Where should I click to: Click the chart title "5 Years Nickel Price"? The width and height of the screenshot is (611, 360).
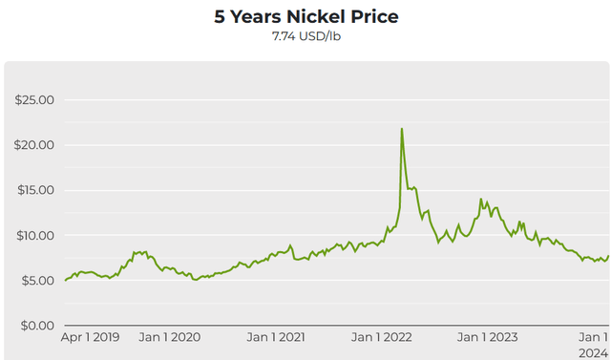[x=305, y=16]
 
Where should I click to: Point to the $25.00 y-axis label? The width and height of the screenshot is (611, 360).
[x=33, y=100]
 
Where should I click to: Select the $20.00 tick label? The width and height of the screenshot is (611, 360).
[x=33, y=145]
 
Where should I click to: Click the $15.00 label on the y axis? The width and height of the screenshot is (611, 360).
[x=33, y=190]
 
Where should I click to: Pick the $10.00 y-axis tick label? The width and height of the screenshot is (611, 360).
[x=33, y=235]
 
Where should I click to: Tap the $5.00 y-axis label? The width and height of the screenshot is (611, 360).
[x=35, y=280]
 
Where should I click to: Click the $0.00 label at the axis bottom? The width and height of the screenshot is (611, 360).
[x=35, y=325]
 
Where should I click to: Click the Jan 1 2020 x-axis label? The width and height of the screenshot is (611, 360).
[x=171, y=337]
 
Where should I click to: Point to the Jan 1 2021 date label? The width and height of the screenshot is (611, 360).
[x=276, y=337]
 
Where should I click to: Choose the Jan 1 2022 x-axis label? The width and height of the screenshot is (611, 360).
[x=384, y=337]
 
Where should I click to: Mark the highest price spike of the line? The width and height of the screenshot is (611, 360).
[x=402, y=129]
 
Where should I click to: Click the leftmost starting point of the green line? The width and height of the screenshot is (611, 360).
[x=65, y=280]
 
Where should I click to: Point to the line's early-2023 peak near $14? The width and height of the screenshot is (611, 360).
[x=480, y=199]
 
